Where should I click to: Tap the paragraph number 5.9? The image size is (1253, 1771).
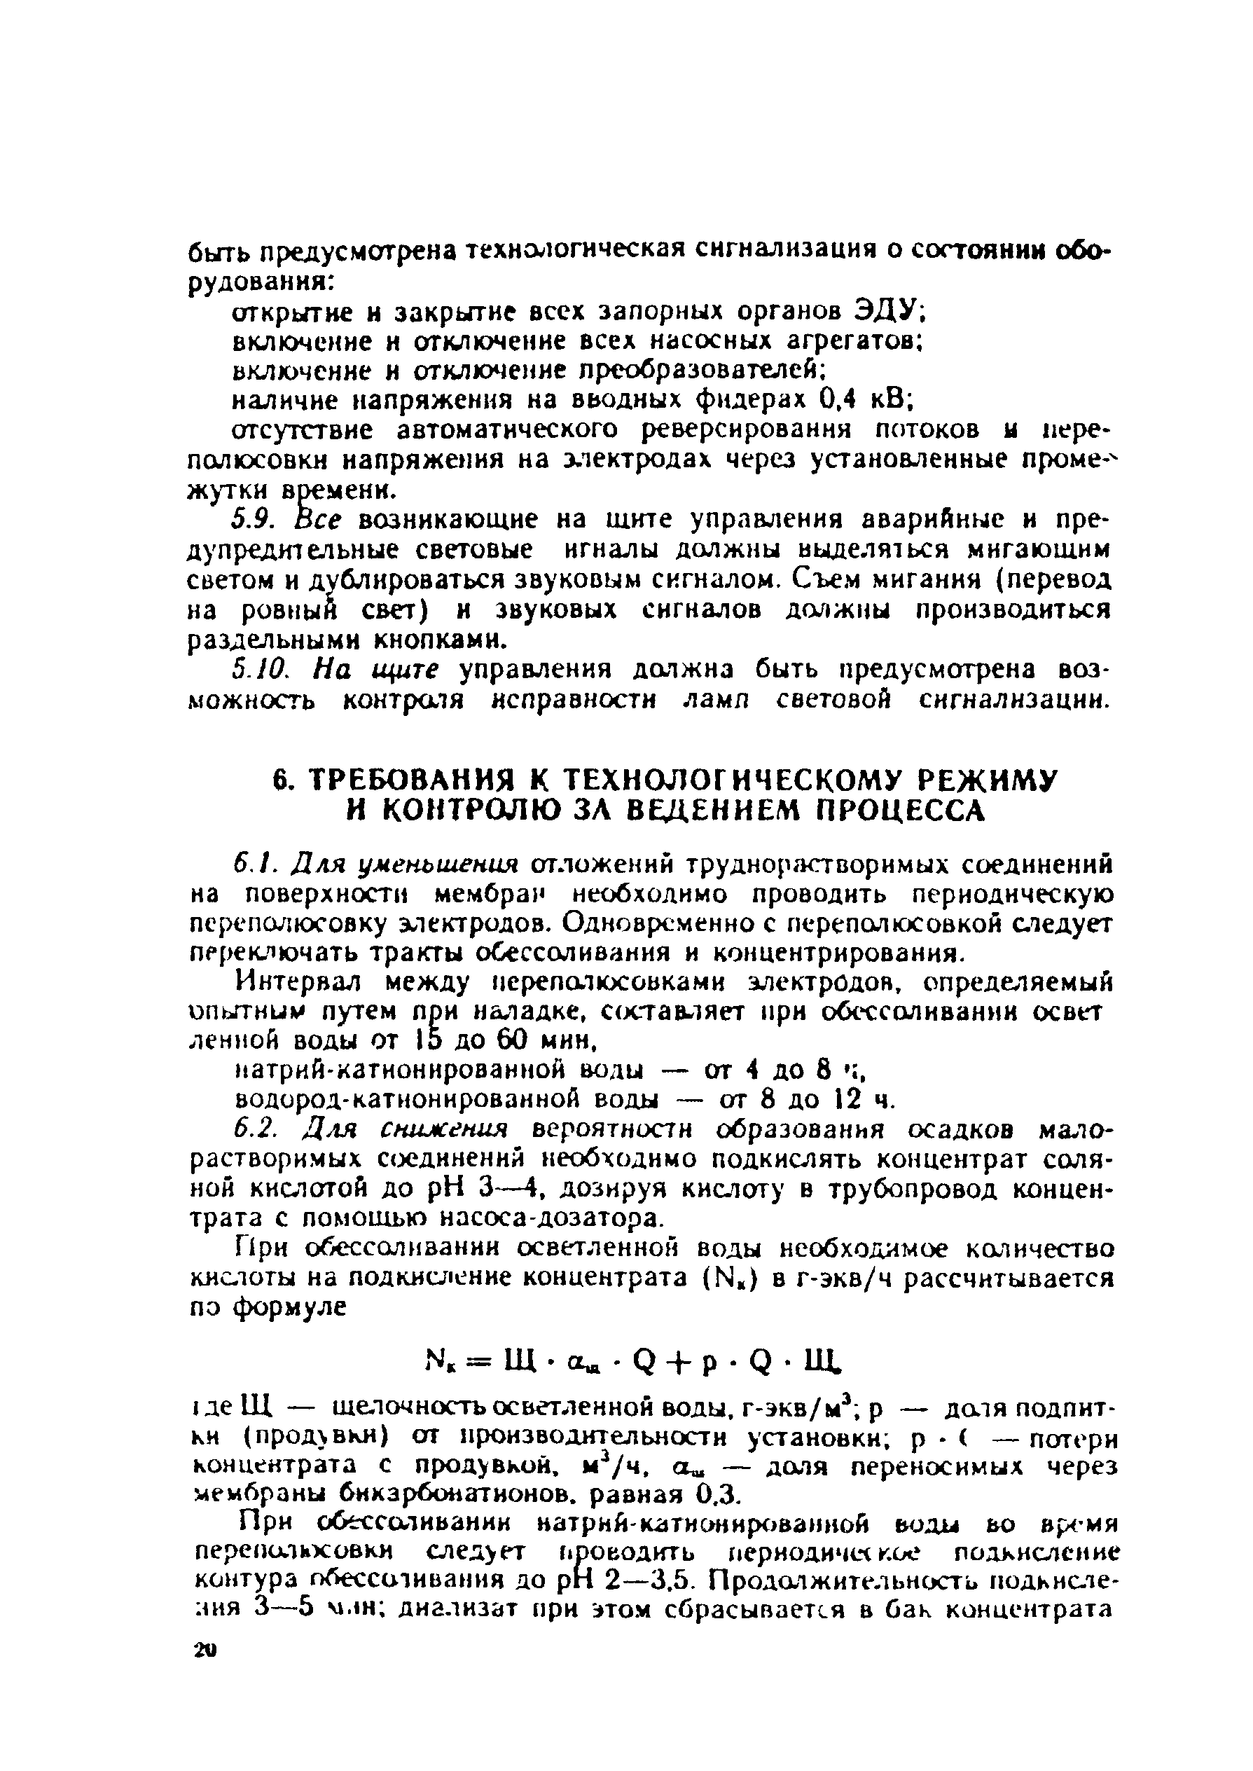click(252, 518)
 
